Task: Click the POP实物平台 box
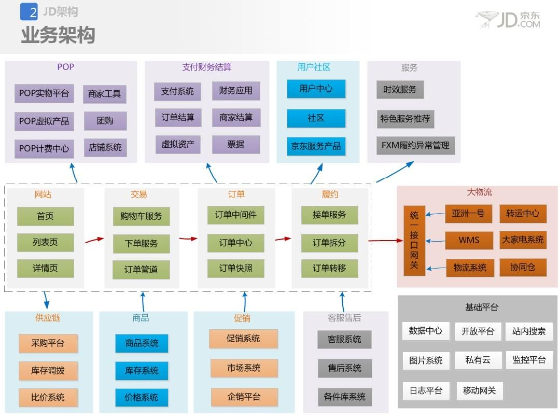44,93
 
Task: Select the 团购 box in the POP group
105,121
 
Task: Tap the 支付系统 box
177,91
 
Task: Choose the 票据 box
236,144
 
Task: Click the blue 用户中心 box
316,89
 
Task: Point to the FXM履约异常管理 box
415,145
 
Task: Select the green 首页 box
45,216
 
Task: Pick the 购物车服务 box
141,216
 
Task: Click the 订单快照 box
235,268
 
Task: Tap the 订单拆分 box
329,243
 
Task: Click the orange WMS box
469,240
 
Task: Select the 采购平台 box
48,343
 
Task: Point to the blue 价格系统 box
142,398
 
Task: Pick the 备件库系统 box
345,397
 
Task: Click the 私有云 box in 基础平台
478,360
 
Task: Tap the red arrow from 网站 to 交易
94,240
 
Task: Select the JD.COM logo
509,20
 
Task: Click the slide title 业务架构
58,35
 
